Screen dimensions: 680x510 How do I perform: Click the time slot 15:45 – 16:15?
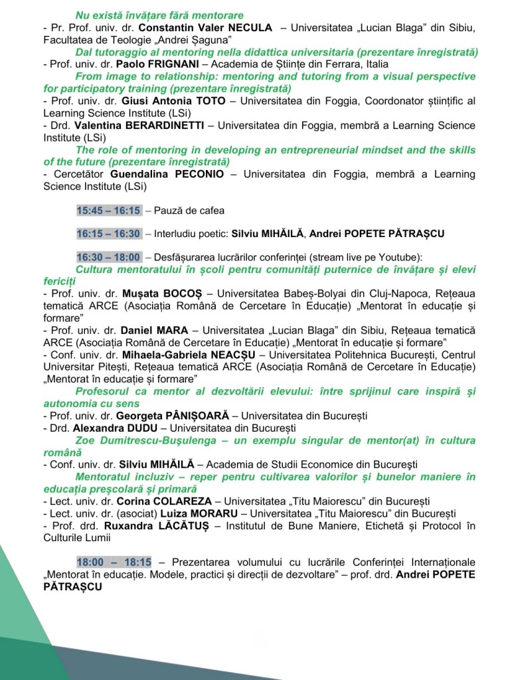tap(108, 211)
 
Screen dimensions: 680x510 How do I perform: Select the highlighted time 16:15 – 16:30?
tap(108, 234)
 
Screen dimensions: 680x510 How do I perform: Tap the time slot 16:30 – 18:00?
tap(108, 257)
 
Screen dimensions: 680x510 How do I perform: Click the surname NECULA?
tap(247, 28)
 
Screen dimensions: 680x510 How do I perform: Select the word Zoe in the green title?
tap(85, 440)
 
